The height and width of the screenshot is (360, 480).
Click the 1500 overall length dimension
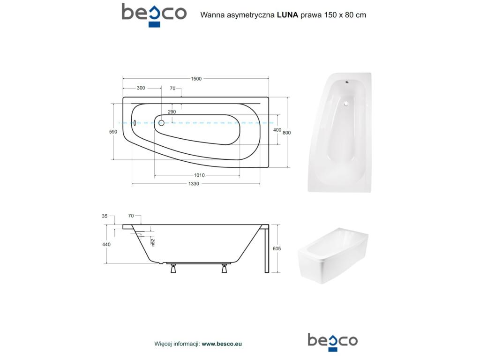(x=196, y=79)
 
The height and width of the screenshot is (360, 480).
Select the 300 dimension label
(x=141, y=88)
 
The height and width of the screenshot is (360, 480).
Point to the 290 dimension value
(x=172, y=112)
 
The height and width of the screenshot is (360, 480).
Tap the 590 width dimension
(x=113, y=132)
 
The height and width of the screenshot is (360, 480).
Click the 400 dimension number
(x=277, y=130)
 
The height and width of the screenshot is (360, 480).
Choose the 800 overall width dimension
(x=286, y=133)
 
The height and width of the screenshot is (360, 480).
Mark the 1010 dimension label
(x=199, y=175)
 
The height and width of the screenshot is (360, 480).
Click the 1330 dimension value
(x=194, y=184)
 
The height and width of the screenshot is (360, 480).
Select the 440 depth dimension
(x=106, y=244)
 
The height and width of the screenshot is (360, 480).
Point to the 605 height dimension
(x=277, y=248)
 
